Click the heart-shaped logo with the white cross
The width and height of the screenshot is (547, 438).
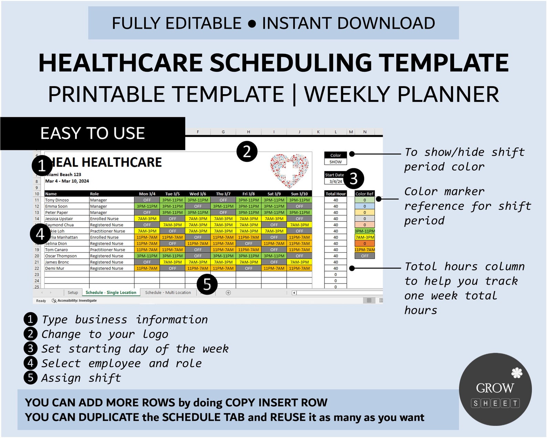click(x=289, y=170)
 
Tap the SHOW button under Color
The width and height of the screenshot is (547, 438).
click(x=336, y=162)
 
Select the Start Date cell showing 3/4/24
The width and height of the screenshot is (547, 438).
click(x=335, y=181)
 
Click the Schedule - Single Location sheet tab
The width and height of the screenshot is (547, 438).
click(x=111, y=292)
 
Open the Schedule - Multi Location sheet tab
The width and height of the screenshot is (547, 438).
click(x=168, y=292)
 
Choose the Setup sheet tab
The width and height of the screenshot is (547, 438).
click(x=73, y=292)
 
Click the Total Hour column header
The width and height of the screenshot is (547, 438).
click(x=336, y=194)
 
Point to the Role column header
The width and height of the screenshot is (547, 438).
click(x=94, y=194)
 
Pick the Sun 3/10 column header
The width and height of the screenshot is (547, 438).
click(x=299, y=194)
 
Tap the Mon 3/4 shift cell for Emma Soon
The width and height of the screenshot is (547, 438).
click(x=147, y=206)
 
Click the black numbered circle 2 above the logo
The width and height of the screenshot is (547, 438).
click(x=247, y=151)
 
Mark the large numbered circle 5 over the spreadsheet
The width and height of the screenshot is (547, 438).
click(x=207, y=284)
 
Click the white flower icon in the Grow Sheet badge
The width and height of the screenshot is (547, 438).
click(x=517, y=373)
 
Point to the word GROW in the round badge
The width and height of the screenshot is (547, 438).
click(x=495, y=388)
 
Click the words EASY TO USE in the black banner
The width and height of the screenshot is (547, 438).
click(x=92, y=133)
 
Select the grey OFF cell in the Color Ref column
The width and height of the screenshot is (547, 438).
click(x=365, y=256)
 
